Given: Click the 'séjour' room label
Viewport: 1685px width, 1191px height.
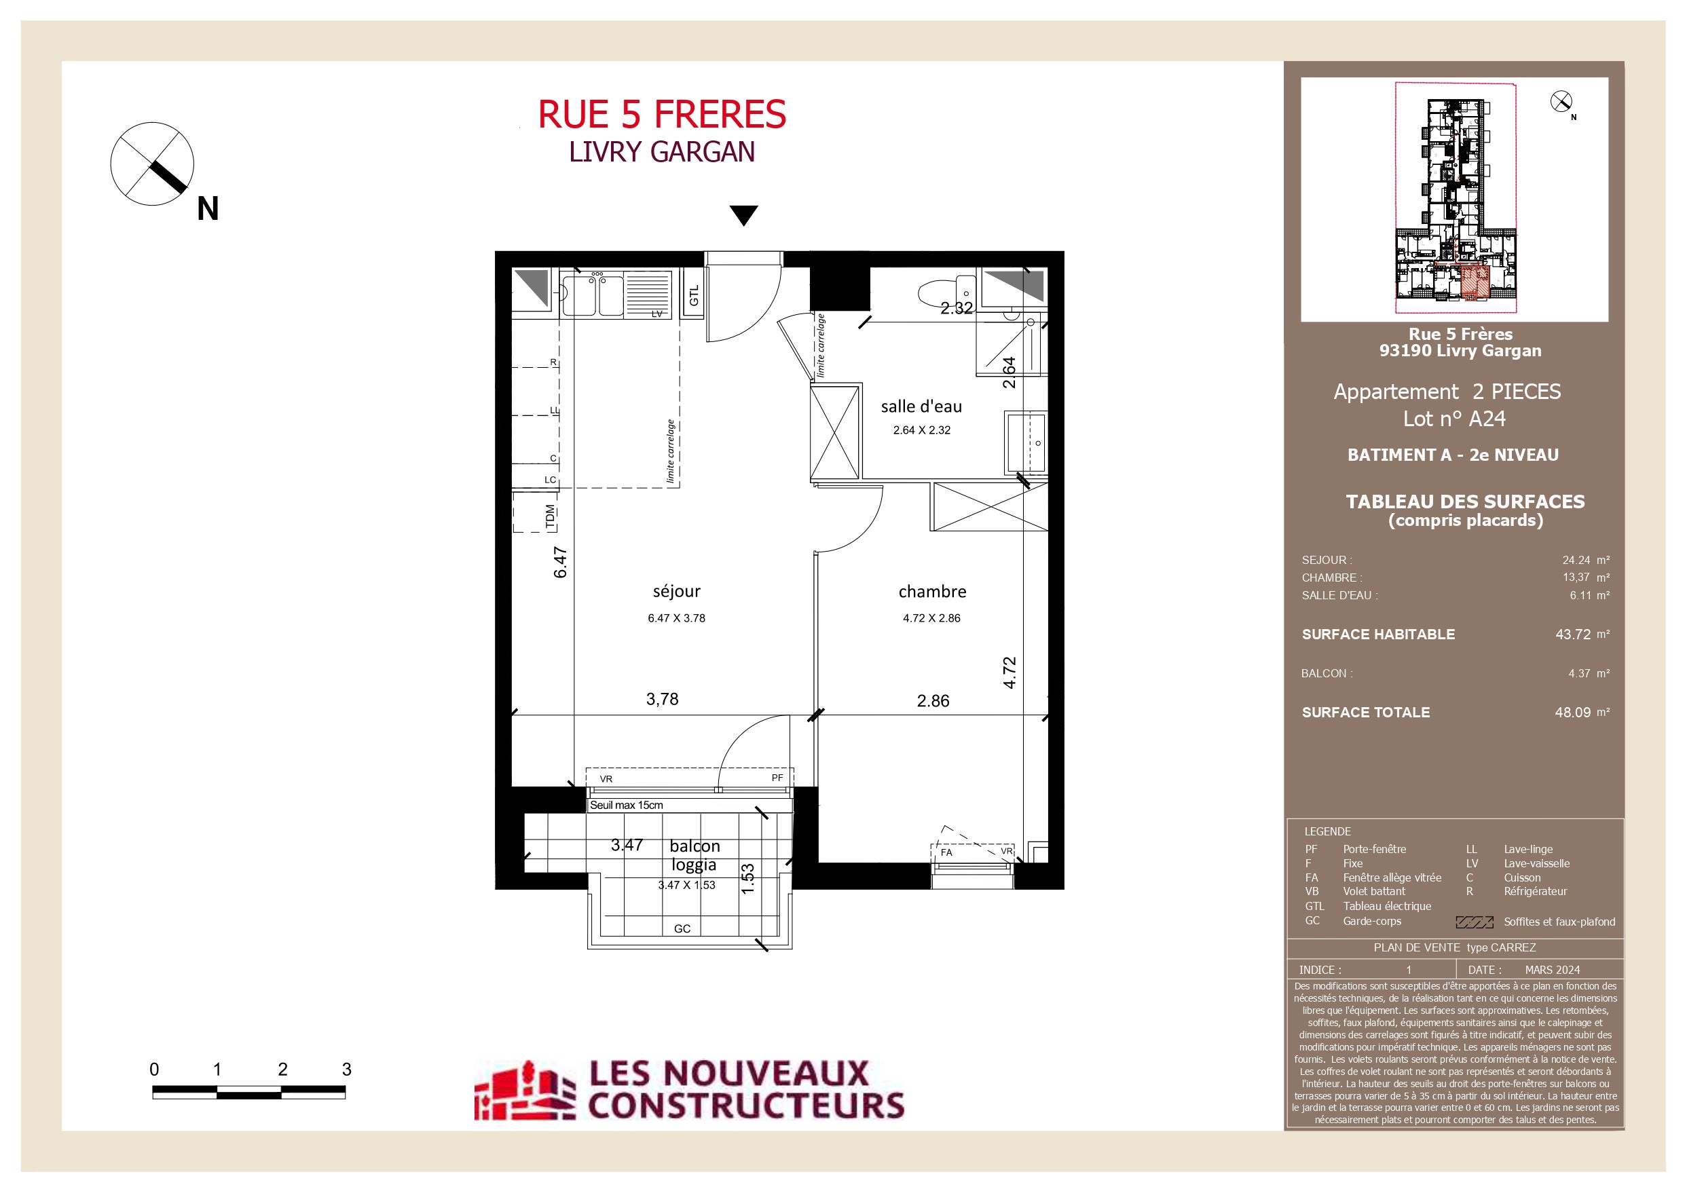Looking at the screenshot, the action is [x=676, y=592].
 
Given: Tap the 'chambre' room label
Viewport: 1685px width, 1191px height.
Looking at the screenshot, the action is [x=932, y=592].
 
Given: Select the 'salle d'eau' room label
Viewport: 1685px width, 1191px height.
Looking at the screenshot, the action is [x=921, y=407].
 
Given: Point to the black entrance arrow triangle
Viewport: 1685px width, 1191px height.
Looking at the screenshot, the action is [x=743, y=216].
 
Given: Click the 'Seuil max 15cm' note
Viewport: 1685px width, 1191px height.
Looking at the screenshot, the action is [x=626, y=805].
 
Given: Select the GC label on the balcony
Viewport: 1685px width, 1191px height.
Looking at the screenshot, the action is [x=682, y=929].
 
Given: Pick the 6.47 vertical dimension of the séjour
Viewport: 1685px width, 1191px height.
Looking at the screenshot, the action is [x=560, y=562].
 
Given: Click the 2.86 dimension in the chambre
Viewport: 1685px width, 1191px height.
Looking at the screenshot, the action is [x=933, y=701].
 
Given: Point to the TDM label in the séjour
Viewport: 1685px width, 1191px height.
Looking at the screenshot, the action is [x=551, y=516].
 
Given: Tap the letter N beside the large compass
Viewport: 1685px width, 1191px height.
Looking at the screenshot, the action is [x=208, y=209].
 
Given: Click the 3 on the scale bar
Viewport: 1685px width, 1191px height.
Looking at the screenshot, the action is [x=346, y=1069].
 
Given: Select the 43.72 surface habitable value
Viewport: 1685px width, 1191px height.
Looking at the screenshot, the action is [x=1573, y=634].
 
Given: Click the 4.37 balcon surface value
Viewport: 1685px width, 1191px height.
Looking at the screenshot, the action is [x=1579, y=673].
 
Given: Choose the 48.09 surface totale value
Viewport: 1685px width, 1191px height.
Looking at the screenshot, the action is [x=1573, y=713].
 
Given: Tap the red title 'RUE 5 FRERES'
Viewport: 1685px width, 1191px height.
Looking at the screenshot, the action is [x=662, y=115].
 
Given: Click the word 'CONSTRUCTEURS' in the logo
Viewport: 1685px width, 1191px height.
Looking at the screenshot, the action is [x=745, y=1105].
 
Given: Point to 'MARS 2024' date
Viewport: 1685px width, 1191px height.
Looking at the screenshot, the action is [x=1552, y=969].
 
